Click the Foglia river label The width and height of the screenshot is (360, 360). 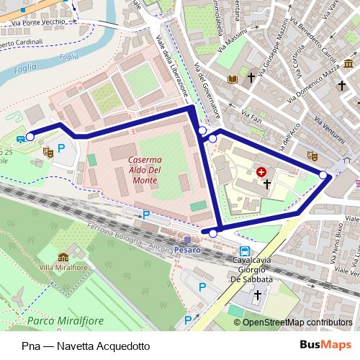coord(69,57)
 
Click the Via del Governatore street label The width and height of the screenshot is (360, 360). coord(206,93)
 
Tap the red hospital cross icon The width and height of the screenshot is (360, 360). coord(261,172)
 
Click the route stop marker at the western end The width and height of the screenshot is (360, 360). coord(30,135)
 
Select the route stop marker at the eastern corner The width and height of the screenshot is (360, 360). coord(323,174)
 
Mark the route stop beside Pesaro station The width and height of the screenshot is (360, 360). coord(212,233)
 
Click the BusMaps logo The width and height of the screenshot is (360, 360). coord(330,345)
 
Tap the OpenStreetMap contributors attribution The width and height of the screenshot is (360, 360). coord(297,323)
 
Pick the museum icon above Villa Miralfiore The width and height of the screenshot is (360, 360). coord(63,256)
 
